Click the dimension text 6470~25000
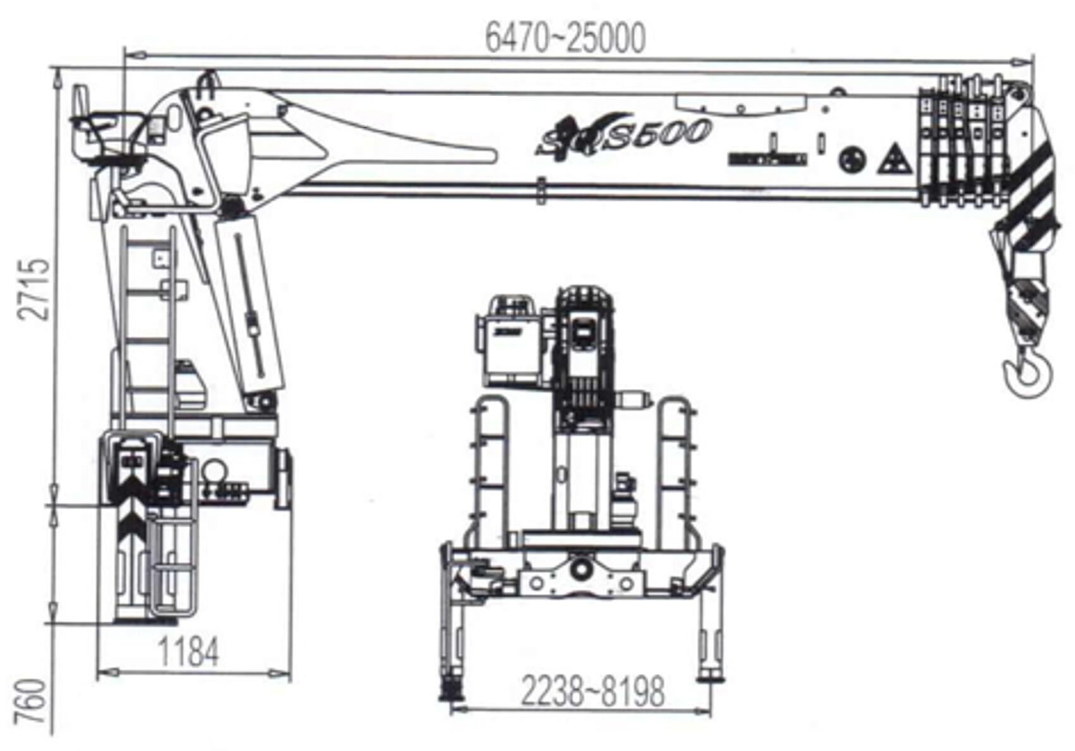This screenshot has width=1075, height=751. point(565,38)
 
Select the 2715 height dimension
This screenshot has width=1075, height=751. point(34,289)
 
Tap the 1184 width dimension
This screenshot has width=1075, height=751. point(188,652)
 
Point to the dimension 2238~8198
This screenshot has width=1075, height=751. point(592,692)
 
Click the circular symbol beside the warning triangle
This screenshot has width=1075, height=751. point(852,159)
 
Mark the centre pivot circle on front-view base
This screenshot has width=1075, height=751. point(581,569)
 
